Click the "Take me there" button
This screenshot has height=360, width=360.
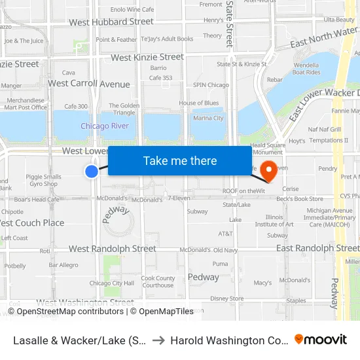click(180, 161)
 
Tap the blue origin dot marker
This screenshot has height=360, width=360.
click(92, 171)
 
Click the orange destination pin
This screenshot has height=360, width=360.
click(268, 171)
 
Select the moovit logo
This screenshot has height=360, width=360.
click(321, 339)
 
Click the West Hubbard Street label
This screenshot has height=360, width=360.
click(111, 22)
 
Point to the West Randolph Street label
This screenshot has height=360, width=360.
click(113, 249)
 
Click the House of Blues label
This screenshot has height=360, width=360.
click(198, 103)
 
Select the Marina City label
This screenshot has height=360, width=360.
click(209, 118)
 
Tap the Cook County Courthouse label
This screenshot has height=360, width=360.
click(158, 281)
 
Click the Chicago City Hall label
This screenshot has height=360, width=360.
click(111, 283)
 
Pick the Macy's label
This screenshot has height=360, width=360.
click(262, 283)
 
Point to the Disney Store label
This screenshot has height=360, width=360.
click(227, 298)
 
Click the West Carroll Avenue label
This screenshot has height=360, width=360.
click(89, 84)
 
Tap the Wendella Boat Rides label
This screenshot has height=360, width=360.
click(306, 69)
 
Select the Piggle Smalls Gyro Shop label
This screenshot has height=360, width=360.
click(43, 180)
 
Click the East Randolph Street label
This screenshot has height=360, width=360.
click(317, 248)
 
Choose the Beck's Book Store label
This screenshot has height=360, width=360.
click(300, 198)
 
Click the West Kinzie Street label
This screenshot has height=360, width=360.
click(147, 58)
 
